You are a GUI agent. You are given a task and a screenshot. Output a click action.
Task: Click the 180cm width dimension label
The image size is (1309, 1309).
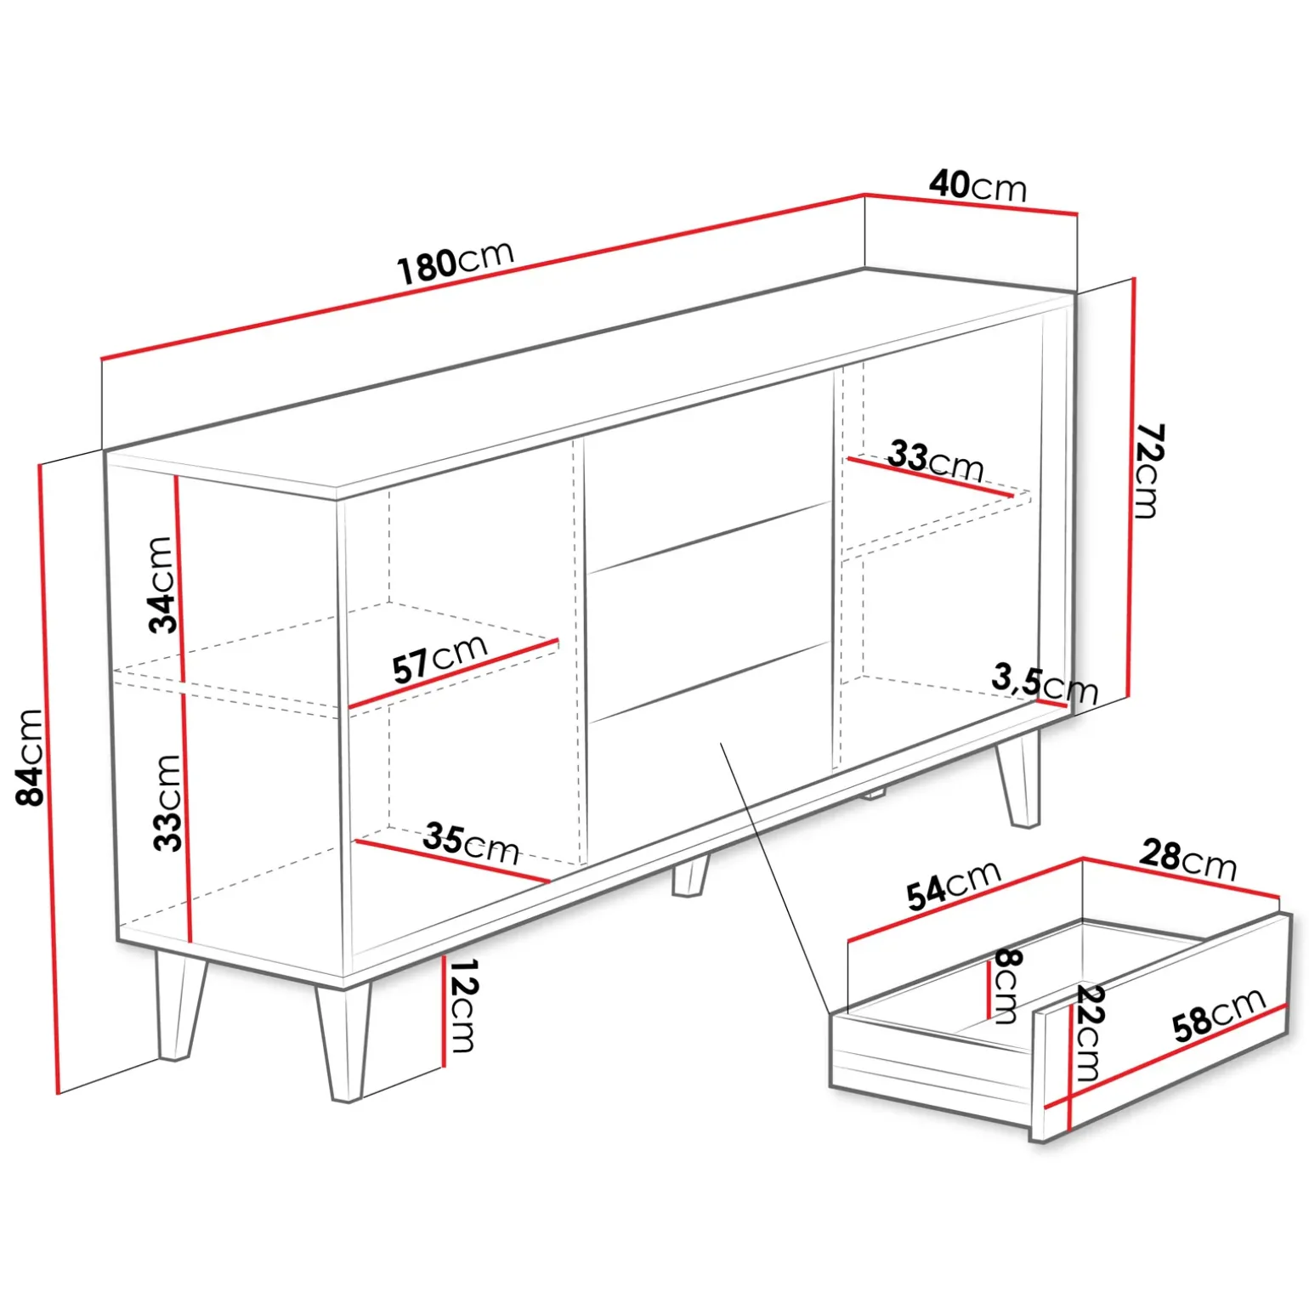pyautogui.click(x=456, y=261)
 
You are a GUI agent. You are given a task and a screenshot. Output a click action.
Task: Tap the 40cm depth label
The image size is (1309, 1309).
pyautogui.click(x=977, y=185)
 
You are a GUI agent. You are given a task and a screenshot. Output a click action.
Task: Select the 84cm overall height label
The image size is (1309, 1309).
pyautogui.click(x=31, y=756)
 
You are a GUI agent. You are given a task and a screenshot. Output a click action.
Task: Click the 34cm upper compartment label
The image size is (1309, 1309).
pyautogui.click(x=161, y=585)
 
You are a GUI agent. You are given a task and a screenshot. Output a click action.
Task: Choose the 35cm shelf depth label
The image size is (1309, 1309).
pyautogui.click(x=471, y=843)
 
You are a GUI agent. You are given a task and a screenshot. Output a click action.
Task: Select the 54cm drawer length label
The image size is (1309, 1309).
pyautogui.click(x=954, y=885)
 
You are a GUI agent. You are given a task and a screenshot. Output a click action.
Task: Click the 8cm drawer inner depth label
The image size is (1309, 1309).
pyautogui.click(x=1007, y=986)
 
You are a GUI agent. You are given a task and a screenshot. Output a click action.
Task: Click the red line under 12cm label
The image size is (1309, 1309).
pyautogui.click(x=443, y=1011)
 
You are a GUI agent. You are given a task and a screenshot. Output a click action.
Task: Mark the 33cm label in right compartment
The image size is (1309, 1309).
pyautogui.click(x=936, y=461)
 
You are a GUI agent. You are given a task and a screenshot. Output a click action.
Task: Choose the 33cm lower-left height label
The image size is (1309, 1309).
pyautogui.click(x=167, y=802)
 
